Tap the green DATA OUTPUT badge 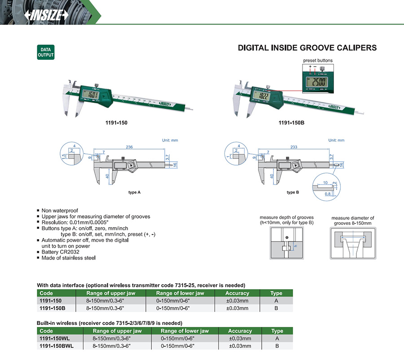pyautogui.click(x=45, y=52)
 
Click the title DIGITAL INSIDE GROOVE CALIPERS pyautogui.click(x=307, y=48)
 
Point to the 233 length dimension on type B pyautogui.click(x=294, y=147)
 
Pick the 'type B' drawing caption pyautogui.click(x=293, y=192)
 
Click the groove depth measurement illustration pyautogui.click(x=287, y=242)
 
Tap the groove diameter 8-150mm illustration pyautogui.click(x=352, y=242)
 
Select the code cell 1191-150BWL pyautogui.click(x=57, y=346)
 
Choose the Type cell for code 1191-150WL pyautogui.click(x=277, y=338)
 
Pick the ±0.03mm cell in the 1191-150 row pyautogui.click(x=237, y=300)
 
